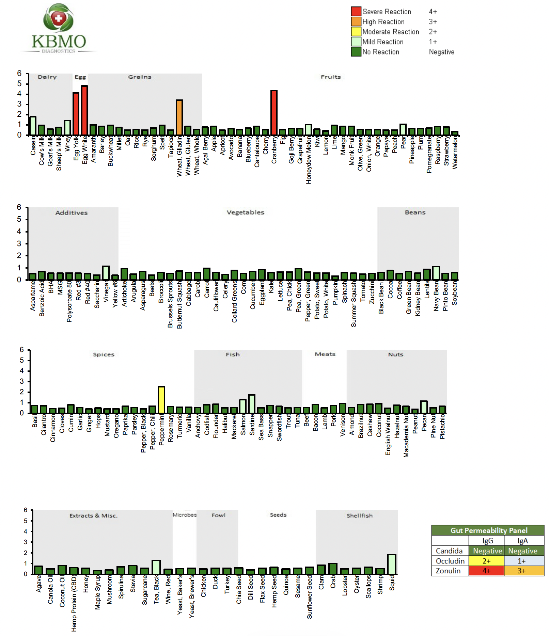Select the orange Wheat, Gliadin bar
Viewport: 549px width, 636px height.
[179, 117]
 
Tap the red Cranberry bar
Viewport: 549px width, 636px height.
[274, 112]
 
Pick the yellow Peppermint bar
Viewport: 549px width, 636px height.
[161, 400]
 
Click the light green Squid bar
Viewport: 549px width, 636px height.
[392, 564]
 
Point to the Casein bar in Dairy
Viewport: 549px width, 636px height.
[33, 126]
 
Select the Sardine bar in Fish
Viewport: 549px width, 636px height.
[252, 404]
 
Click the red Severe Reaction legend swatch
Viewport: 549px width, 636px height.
[356, 12]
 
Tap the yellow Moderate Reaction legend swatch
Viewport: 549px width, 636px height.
[356, 32]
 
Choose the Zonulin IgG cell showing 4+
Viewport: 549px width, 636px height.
[486, 571]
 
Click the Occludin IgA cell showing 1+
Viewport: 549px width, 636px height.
[521, 561]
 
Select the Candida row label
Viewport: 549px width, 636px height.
[449, 551]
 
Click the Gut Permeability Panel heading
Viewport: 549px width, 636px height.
[489, 530]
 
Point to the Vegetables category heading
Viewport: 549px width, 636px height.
[245, 212]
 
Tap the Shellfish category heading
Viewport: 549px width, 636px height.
[359, 515]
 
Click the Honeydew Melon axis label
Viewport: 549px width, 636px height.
[309, 160]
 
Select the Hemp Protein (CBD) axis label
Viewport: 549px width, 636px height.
[74, 603]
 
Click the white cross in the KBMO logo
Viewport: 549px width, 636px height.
[59, 18]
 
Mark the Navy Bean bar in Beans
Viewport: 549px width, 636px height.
[436, 273]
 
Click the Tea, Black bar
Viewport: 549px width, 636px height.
[156, 567]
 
